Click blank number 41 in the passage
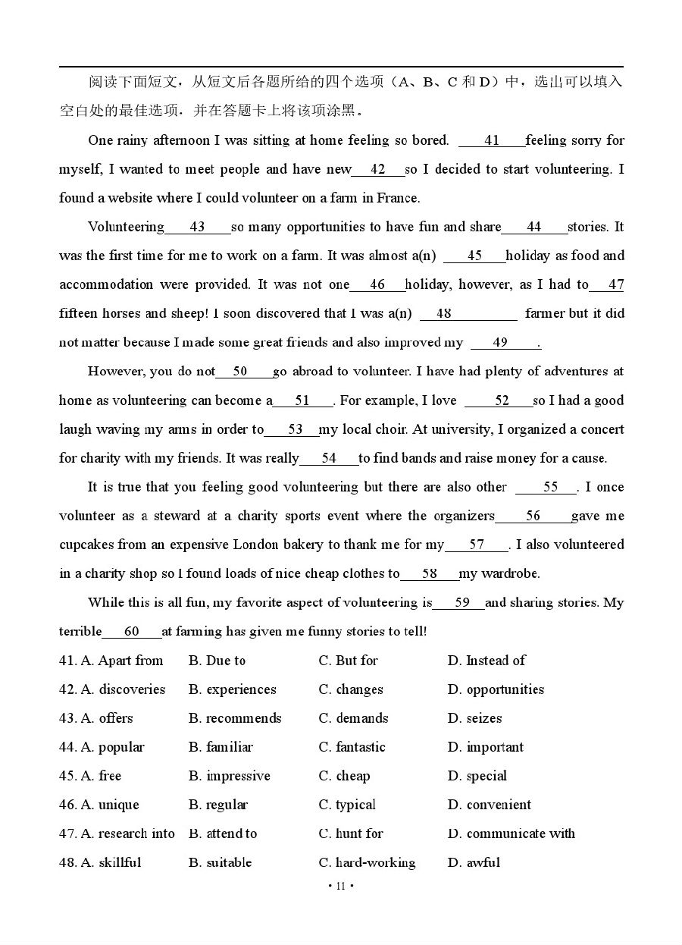[492, 140]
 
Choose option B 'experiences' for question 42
[232, 689]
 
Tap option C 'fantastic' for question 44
[352, 747]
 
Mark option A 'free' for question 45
[101, 776]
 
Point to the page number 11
[340, 886]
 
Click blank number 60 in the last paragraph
[132, 632]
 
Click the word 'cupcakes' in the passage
[86, 545]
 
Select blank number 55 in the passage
[550, 487]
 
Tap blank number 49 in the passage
[500, 343]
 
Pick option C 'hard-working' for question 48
[367, 862]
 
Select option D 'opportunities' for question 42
[496, 689]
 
